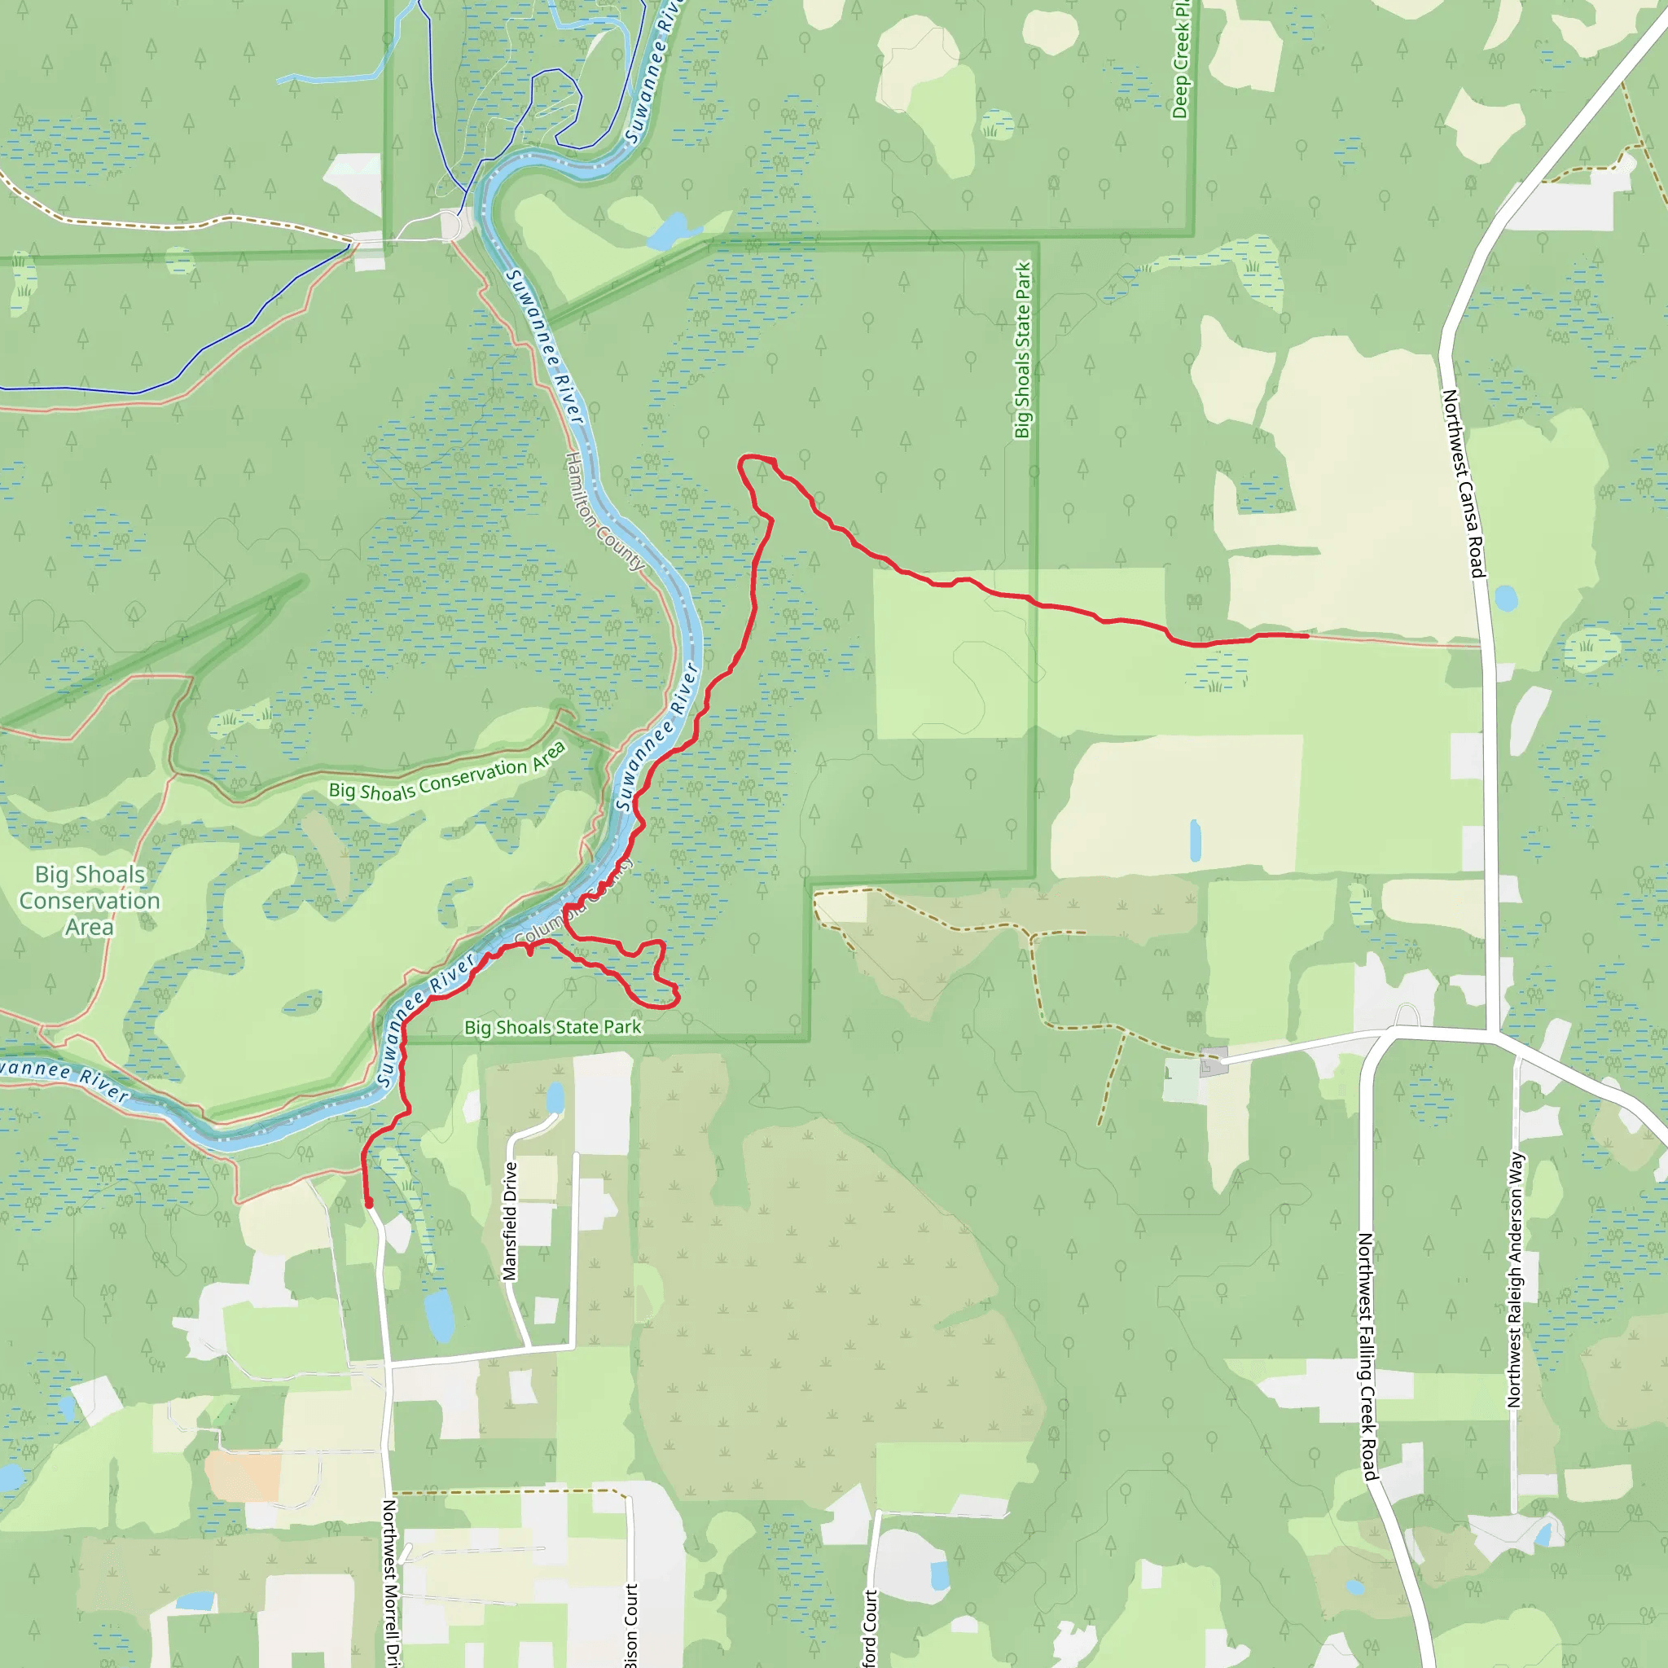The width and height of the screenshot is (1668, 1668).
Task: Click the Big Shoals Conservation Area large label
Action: (x=90, y=901)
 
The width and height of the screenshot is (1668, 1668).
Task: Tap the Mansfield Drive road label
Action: (x=510, y=1221)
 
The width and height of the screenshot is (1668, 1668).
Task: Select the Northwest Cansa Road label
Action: (x=1464, y=484)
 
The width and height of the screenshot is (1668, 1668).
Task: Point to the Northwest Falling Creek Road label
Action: (x=1367, y=1355)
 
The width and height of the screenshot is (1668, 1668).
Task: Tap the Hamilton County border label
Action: (x=604, y=511)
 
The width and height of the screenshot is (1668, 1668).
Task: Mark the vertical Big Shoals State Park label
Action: (x=1023, y=349)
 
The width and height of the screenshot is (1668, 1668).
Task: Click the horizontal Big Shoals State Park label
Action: (x=552, y=1027)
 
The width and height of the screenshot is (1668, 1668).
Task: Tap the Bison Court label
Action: (x=631, y=1623)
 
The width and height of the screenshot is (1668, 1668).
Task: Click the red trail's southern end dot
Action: (x=369, y=1203)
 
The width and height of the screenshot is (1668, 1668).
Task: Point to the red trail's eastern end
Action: (x=1307, y=635)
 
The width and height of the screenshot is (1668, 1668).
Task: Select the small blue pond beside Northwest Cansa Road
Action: (x=1506, y=599)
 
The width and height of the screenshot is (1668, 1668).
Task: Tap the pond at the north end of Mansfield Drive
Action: (x=555, y=1098)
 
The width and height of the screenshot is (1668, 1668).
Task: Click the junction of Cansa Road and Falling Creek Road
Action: (x=1492, y=1031)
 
